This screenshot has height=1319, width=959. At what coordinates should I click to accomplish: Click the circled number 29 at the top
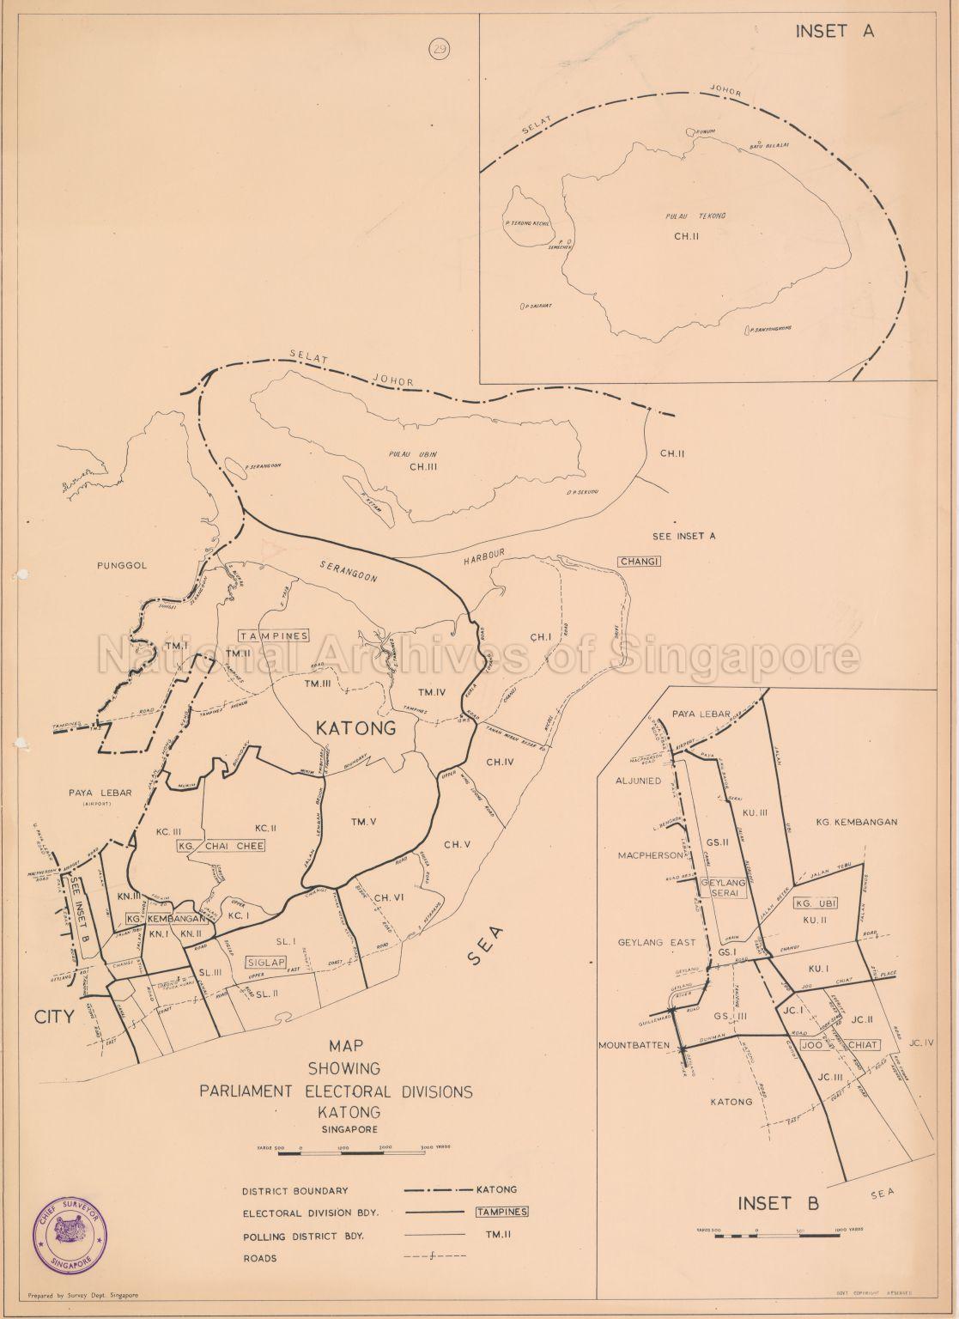click(x=440, y=49)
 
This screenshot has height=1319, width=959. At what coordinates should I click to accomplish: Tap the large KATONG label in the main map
click(x=355, y=729)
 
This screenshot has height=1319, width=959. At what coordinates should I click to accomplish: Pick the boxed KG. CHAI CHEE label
click(x=221, y=846)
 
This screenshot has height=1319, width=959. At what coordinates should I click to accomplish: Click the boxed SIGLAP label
click(x=265, y=963)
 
